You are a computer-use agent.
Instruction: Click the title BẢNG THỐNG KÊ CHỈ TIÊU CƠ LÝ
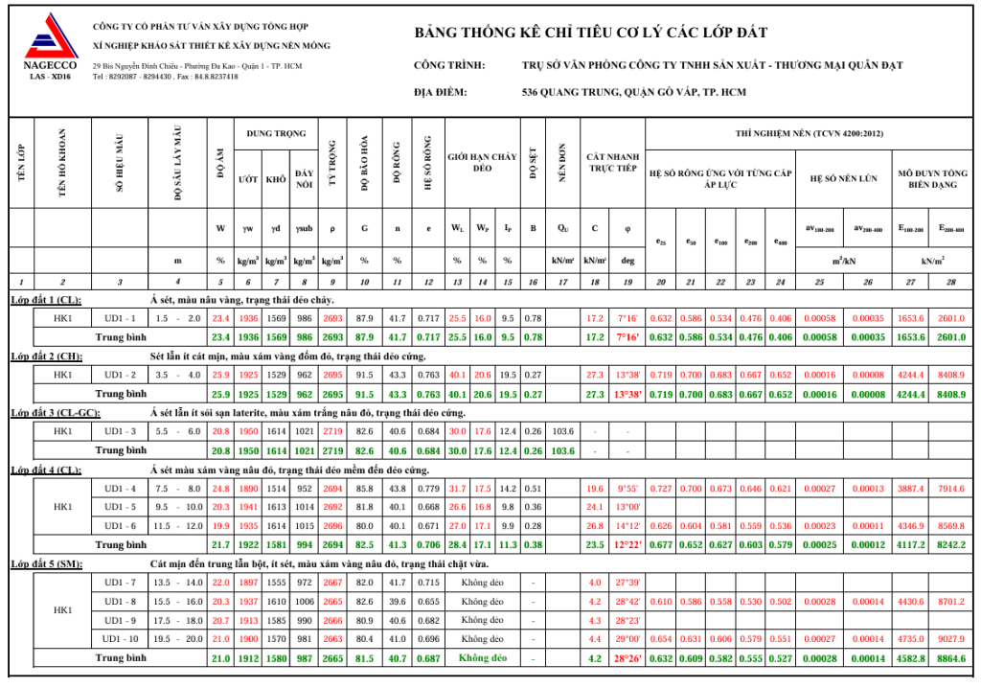[590, 34]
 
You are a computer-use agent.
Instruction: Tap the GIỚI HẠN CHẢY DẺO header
[482, 162]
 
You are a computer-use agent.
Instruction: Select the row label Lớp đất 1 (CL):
[46, 300]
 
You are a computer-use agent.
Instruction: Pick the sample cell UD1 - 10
[121, 639]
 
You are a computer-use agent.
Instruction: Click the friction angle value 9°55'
[627, 489]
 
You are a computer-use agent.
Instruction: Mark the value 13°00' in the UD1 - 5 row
[627, 507]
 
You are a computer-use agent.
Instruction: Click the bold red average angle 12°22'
[627, 544]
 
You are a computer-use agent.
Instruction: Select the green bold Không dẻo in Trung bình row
[482, 658]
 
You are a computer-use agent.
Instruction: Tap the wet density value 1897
[249, 583]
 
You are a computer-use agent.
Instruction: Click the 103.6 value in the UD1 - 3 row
[562, 431]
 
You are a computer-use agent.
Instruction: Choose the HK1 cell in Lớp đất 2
[63, 375]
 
